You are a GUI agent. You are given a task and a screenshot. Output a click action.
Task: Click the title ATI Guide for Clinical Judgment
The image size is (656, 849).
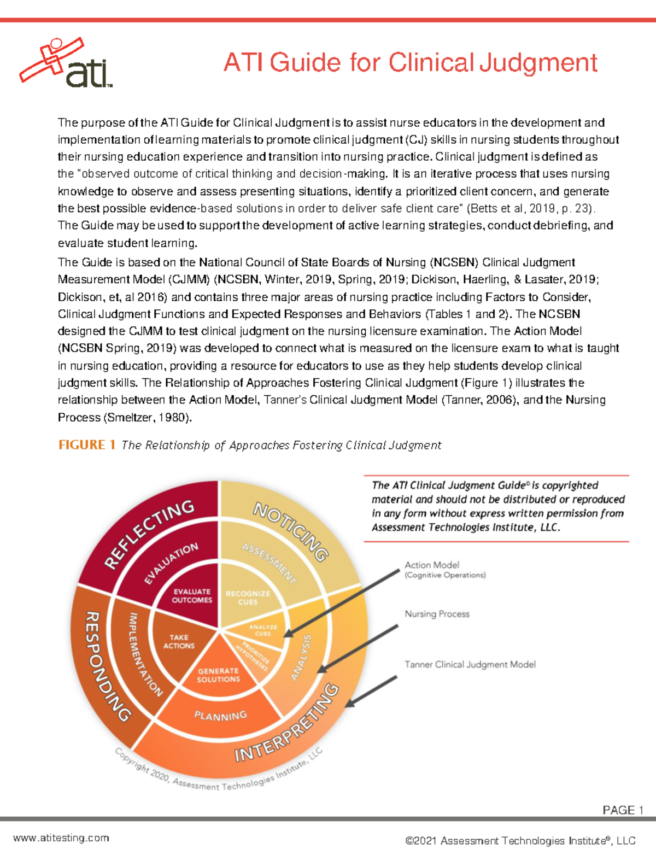coord(410,62)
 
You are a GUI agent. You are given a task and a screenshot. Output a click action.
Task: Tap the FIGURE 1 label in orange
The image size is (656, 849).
coord(86,444)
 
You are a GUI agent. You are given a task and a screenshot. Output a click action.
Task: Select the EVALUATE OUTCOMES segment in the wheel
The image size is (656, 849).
coord(192,596)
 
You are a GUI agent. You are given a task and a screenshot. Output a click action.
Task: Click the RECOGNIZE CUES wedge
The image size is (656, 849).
coord(247,598)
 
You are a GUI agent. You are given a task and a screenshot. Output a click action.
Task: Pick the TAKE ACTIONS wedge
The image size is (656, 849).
coord(178,641)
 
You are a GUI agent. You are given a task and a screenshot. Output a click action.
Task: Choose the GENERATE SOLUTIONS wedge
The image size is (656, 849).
coord(219,675)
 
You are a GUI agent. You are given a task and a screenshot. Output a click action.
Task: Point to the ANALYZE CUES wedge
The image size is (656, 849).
coord(263,630)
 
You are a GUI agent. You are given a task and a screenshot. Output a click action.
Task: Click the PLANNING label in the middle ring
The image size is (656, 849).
coord(220,716)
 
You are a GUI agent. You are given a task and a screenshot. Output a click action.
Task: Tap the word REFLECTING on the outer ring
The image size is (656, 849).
coord(149,534)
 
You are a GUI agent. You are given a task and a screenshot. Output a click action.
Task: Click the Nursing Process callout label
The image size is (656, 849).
coord(437,614)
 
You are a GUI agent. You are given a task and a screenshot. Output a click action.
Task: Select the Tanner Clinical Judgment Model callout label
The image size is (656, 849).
coord(470,664)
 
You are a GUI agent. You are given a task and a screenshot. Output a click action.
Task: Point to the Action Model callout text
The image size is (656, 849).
coord(432,565)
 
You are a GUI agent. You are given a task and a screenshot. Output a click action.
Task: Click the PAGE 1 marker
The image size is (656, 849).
coord(622,810)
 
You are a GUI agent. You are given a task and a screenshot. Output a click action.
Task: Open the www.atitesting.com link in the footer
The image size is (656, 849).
coord(61,838)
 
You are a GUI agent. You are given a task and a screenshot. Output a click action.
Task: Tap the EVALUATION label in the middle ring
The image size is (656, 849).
coord(171,564)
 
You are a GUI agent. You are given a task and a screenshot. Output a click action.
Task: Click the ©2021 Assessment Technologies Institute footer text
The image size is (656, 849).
coord(520,840)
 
